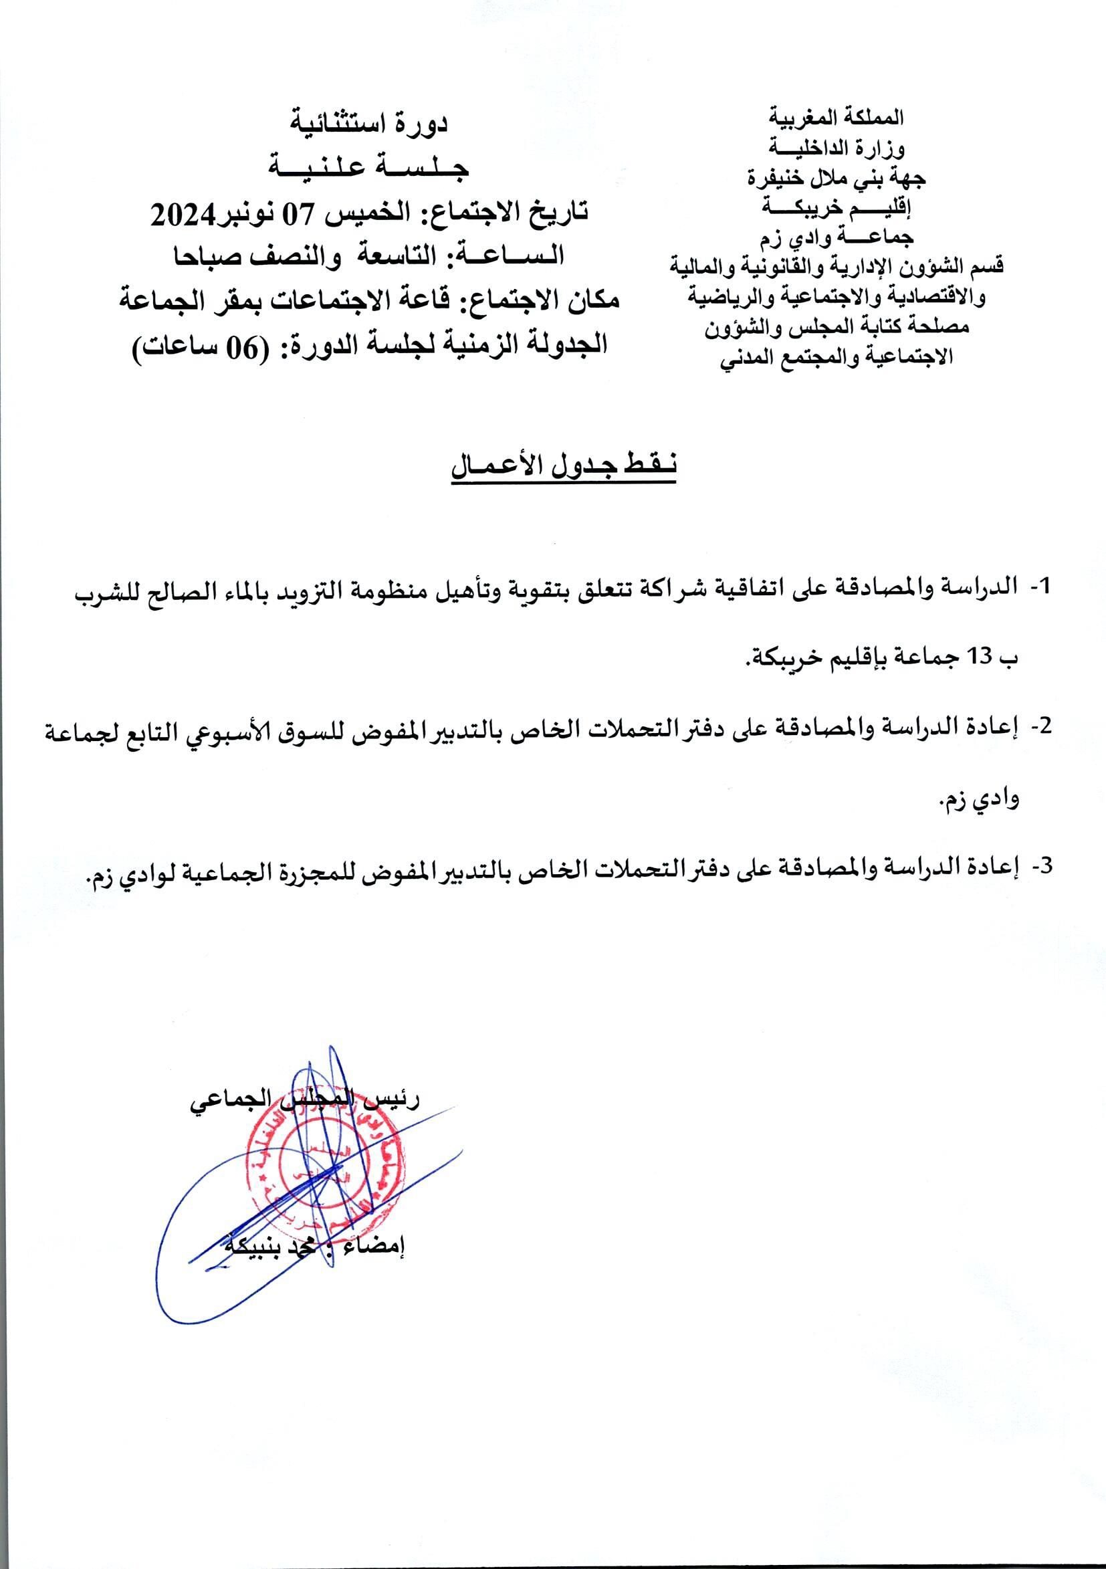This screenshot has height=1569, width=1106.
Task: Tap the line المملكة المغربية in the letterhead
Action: (836, 118)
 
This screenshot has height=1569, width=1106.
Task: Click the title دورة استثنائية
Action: (370, 123)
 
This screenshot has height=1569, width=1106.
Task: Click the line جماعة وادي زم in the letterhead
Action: (836, 237)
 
